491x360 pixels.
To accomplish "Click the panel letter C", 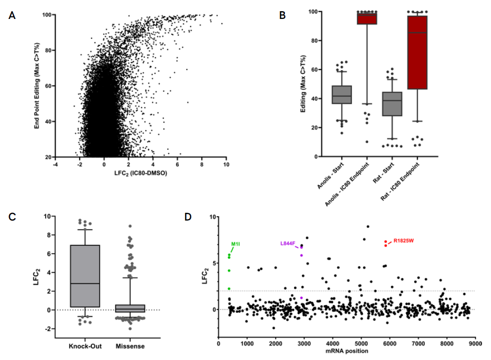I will coord(12,216).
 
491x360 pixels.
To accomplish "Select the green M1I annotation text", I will coord(236,244).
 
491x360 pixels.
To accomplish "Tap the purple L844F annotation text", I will coord(288,243).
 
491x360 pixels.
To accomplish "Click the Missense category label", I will coord(130,346).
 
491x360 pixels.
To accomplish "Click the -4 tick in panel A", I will coord(55,164).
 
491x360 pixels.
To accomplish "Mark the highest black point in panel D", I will coord(368,226).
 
